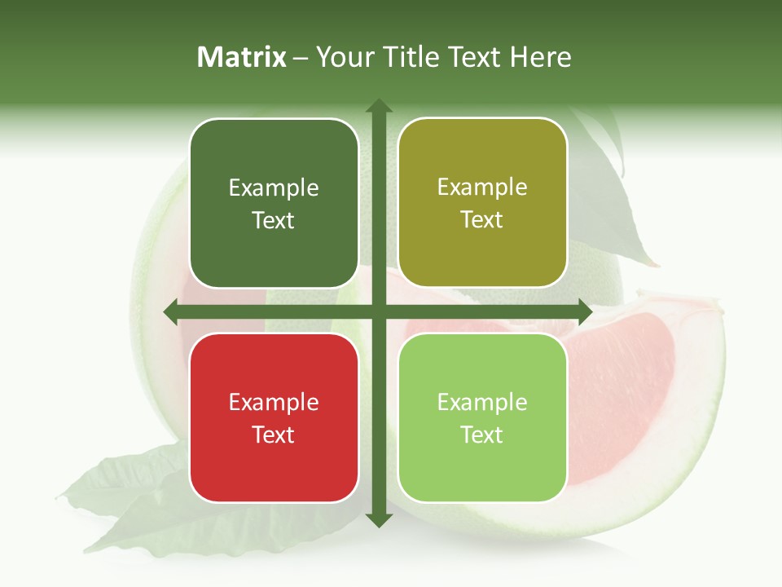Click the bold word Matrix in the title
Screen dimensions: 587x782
tap(242, 57)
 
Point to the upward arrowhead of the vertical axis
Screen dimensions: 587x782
tap(378, 106)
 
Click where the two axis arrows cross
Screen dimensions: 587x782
tap(378, 311)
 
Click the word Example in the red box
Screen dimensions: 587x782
tap(274, 402)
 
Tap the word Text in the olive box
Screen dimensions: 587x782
tap(482, 219)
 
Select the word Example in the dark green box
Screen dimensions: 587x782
tap(274, 188)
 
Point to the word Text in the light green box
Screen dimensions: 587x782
tap(482, 435)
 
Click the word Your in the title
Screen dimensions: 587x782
tap(343, 57)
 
